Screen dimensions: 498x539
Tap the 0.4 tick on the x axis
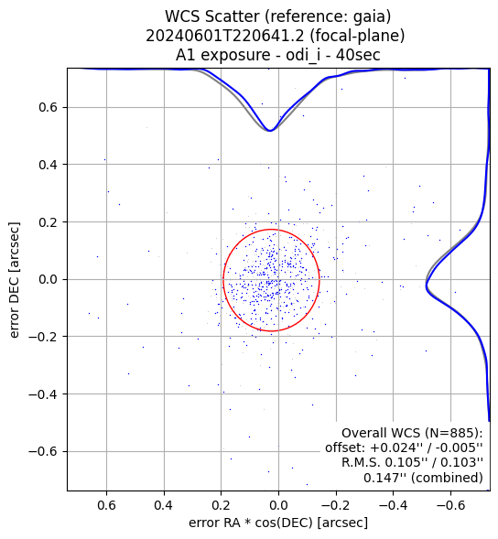click(x=164, y=505)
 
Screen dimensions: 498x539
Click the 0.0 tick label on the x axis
click(x=278, y=505)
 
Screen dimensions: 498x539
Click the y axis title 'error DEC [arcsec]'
click(x=15, y=280)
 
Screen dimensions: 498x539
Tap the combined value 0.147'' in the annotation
click(x=381, y=478)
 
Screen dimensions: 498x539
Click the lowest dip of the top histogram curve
click(x=270, y=131)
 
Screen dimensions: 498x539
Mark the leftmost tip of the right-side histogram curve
click(x=426, y=286)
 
